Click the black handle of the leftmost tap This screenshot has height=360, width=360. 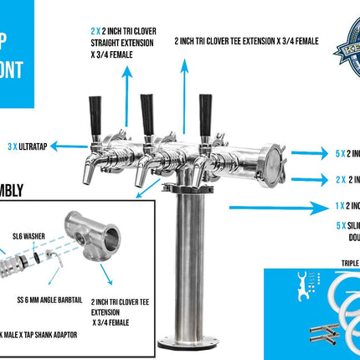tap(95, 111)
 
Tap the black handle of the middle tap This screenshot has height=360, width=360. tap(147, 109)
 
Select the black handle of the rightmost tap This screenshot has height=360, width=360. tap(204, 109)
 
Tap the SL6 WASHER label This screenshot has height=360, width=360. tap(23, 236)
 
